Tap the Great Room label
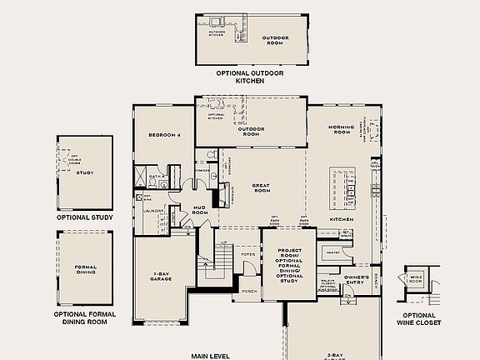coord(262,187)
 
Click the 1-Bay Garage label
coord(162,276)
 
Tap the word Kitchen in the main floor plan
coord(342,219)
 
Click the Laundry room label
coord(152,211)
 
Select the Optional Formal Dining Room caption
coord(84,317)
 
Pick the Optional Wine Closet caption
coord(417,317)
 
